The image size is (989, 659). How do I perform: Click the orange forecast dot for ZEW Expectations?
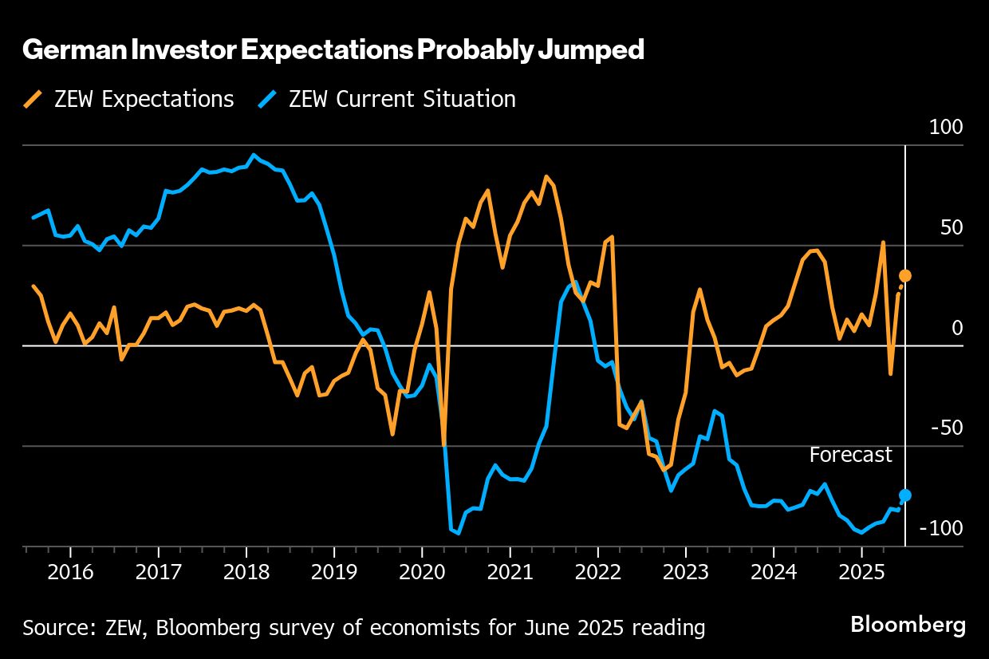coord(905,276)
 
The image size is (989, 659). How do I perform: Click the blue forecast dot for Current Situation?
coord(905,495)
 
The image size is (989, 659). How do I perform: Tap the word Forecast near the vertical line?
coord(850,455)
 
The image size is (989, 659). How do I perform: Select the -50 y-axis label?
coord(947,428)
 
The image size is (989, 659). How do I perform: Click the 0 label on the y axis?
coord(957,328)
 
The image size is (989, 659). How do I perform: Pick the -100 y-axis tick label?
coord(942,528)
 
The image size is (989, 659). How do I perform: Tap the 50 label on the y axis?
coord(952,228)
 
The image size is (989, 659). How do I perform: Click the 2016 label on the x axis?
coord(70,572)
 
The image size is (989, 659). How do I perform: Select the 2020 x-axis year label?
coord(422,572)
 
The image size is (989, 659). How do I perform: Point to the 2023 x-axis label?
coord(686,572)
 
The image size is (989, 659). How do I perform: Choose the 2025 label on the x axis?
coord(861,572)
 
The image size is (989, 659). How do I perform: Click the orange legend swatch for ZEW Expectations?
coord(34,99)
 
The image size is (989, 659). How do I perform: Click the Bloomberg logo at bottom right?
coord(908,624)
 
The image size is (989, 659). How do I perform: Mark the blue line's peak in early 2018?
coord(254,155)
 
